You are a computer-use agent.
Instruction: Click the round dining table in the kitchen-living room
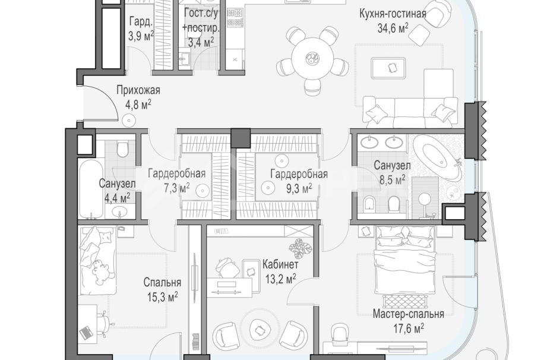[311, 58]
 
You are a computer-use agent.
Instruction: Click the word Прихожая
[138, 90]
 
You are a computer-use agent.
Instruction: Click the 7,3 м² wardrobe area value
[176, 188]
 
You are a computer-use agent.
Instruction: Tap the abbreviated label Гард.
[141, 23]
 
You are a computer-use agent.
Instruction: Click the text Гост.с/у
[201, 14]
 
